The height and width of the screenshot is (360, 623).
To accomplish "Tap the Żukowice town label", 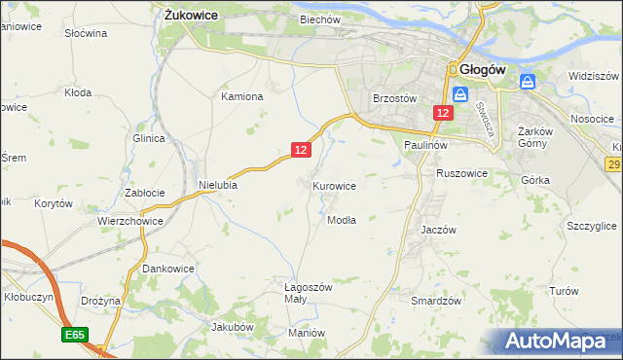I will click(x=191, y=16).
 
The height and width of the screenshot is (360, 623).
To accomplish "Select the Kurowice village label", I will click(x=334, y=185).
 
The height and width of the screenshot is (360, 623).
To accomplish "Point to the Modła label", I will click(x=341, y=220).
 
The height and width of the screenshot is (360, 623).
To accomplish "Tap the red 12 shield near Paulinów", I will click(x=443, y=114).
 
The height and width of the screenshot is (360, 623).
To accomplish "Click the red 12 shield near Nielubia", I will click(x=301, y=149).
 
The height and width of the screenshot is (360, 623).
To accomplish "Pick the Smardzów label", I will click(x=435, y=301).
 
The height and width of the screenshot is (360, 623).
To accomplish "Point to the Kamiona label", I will click(x=242, y=96).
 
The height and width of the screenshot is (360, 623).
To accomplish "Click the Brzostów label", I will click(x=395, y=98).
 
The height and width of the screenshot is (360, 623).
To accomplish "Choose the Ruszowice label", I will click(x=461, y=172).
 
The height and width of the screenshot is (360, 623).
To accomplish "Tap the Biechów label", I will click(x=320, y=18).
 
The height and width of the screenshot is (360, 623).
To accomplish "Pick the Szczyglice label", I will click(x=591, y=225).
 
